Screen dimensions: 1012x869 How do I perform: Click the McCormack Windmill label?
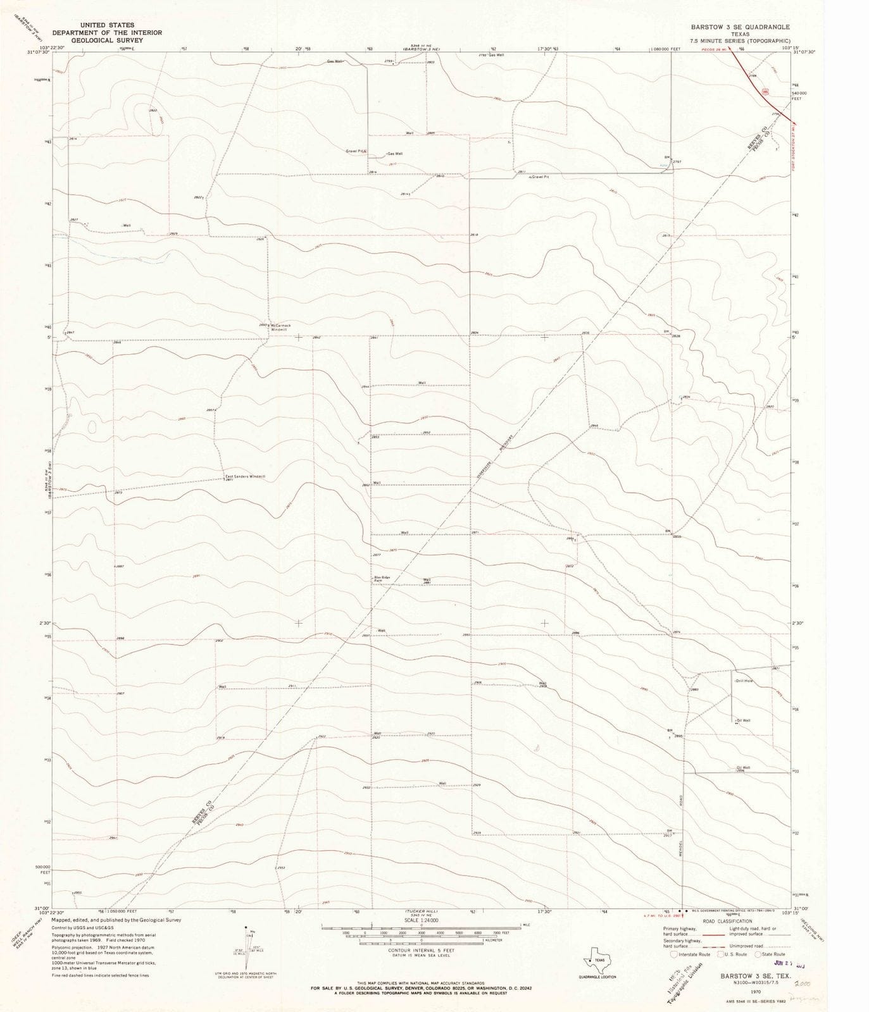[x=279, y=328]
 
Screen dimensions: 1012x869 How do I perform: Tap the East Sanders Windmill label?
[x=245, y=476]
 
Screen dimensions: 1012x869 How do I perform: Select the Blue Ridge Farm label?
[x=380, y=579]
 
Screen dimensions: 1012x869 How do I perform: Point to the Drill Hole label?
[x=744, y=681]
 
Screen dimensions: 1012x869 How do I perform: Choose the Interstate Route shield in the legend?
[x=673, y=954]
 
